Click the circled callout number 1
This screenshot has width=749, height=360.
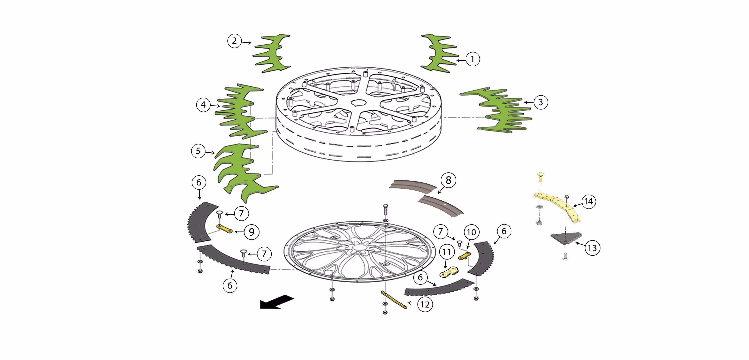coord(472,59)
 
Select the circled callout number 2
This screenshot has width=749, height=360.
coord(234,41)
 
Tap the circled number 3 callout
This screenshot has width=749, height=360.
coord(541,102)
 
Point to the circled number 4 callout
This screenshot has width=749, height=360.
coord(203,105)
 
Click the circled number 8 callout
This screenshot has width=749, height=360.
coord(448,180)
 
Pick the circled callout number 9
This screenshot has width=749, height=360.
coord(251,232)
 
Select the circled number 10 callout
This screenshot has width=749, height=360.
coord(471,232)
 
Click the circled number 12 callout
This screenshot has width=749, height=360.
coord(425,305)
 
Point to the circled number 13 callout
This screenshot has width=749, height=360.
coord(592,248)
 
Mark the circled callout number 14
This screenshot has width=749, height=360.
coord(588,202)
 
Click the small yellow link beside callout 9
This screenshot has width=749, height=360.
coord(224,229)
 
